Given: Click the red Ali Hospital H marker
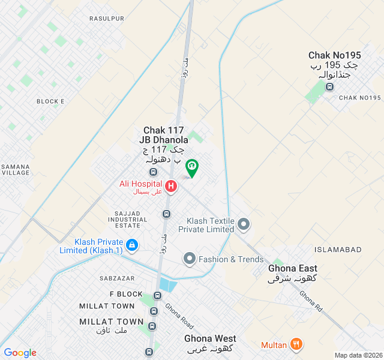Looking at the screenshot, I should tap(171, 187).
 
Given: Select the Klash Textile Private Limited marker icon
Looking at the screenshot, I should tap(244, 224).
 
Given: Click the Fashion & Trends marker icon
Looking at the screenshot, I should tap(190, 259).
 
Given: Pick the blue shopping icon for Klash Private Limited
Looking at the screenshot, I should tap(132, 245).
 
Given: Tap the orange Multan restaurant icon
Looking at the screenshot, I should tap(296, 345).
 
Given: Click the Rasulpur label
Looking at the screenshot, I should tap(107, 19).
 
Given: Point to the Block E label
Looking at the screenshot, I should tap(50, 101).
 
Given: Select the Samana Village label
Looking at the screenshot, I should tap(15, 169).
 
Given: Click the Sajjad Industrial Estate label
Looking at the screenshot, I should tap(128, 219).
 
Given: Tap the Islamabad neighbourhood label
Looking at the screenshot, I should tap(338, 249).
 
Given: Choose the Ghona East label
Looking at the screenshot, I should tap(293, 268).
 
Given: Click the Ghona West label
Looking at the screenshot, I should tap(210, 338).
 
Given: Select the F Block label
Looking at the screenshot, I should tap(126, 294).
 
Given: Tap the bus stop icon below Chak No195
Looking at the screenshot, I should tap(329, 87).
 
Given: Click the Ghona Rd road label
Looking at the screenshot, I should tap(311, 301).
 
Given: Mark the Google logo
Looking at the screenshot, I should tap(20, 353).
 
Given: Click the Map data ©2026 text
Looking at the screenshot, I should tap(358, 355).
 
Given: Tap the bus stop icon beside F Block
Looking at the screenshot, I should tap(157, 295).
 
